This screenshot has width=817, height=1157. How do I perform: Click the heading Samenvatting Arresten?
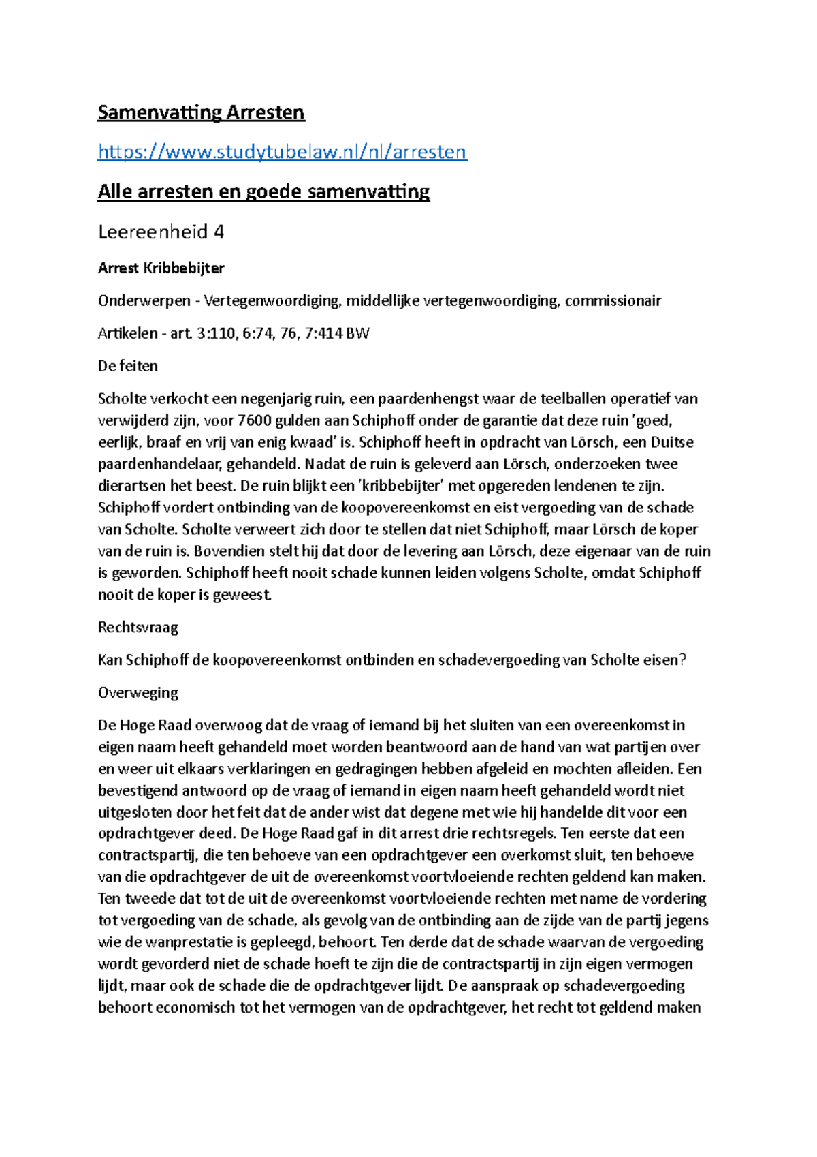click(x=201, y=112)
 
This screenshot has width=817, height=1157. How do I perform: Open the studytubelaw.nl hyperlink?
click(x=282, y=151)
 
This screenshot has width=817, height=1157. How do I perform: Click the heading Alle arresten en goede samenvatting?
click(x=263, y=191)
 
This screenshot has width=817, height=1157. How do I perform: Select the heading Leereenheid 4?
click(x=161, y=232)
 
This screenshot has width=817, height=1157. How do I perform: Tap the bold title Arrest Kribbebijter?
click(x=161, y=268)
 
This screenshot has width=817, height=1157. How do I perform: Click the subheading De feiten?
click(x=127, y=366)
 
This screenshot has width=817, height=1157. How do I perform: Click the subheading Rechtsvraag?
click(x=138, y=627)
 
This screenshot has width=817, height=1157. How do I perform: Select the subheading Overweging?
click(x=138, y=692)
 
